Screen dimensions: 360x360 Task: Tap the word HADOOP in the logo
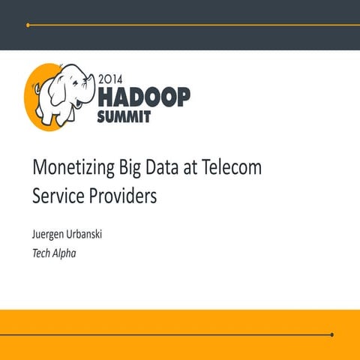coord(143,96)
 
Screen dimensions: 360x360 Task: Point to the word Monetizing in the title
coord(74,169)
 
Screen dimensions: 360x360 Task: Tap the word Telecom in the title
coord(235,168)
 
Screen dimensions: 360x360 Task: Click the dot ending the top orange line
coord(28,25)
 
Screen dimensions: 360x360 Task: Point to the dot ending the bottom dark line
coord(331,334)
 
